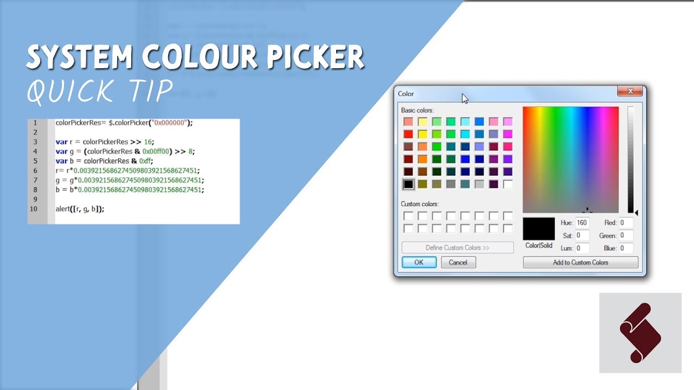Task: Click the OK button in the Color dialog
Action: (x=419, y=262)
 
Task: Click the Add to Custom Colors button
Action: (x=580, y=262)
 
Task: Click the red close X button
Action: (x=630, y=92)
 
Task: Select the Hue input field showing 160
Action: (x=582, y=223)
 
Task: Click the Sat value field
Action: (x=582, y=236)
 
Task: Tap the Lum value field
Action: (x=582, y=248)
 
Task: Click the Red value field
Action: (x=625, y=223)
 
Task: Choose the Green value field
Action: (x=625, y=236)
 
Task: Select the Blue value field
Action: (x=625, y=248)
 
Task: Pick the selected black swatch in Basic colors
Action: (x=408, y=184)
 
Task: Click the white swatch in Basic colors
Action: (x=507, y=184)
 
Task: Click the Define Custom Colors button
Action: (x=457, y=248)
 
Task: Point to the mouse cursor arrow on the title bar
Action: (x=465, y=98)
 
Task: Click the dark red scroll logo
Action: (x=640, y=333)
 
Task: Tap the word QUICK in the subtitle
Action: (x=70, y=90)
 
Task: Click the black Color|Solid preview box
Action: (x=538, y=229)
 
